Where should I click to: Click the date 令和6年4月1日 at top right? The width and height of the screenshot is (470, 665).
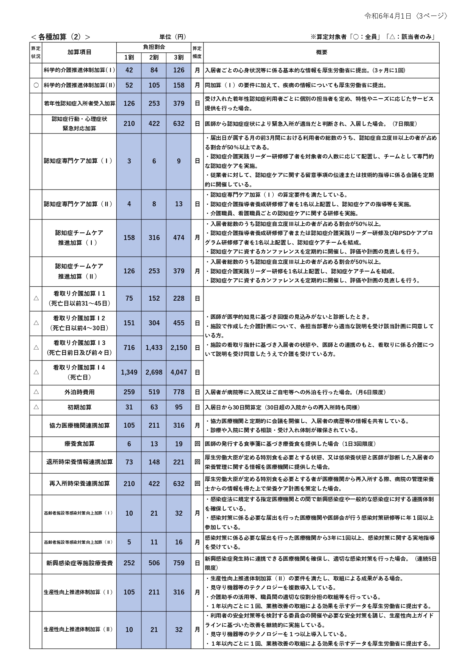tap(387, 16)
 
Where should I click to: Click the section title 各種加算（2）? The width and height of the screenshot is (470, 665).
tap(61, 37)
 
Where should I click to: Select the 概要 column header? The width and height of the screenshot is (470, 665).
tap(321, 53)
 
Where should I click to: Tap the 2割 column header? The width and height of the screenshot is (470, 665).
tap(154, 57)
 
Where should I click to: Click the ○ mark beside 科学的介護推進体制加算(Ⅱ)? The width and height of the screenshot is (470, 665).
tap(36, 85)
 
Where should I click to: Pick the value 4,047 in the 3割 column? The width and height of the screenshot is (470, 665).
tap(179, 372)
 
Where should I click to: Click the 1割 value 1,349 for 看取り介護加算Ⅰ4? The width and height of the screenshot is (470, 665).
tap(129, 372)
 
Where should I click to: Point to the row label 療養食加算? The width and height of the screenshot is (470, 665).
tap(79, 444)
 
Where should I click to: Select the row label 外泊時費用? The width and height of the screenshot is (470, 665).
tap(79, 392)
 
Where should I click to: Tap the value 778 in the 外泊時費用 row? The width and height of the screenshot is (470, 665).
tap(179, 392)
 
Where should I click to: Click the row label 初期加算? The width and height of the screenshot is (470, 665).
tap(79, 407)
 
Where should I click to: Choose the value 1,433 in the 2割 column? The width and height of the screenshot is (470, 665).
tap(154, 348)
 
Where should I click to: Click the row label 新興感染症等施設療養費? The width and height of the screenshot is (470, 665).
tap(79, 563)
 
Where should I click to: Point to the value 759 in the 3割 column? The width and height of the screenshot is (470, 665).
tap(179, 563)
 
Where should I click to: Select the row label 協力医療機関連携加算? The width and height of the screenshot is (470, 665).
tap(79, 425)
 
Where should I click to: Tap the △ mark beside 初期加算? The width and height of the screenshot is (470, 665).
tap(36, 407)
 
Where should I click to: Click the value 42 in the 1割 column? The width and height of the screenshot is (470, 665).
tap(129, 70)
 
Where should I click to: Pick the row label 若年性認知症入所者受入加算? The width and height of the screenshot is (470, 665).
tap(79, 104)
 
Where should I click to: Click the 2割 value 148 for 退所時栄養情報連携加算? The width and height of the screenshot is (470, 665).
tap(154, 462)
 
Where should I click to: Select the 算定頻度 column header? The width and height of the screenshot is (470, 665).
tap(197, 53)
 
